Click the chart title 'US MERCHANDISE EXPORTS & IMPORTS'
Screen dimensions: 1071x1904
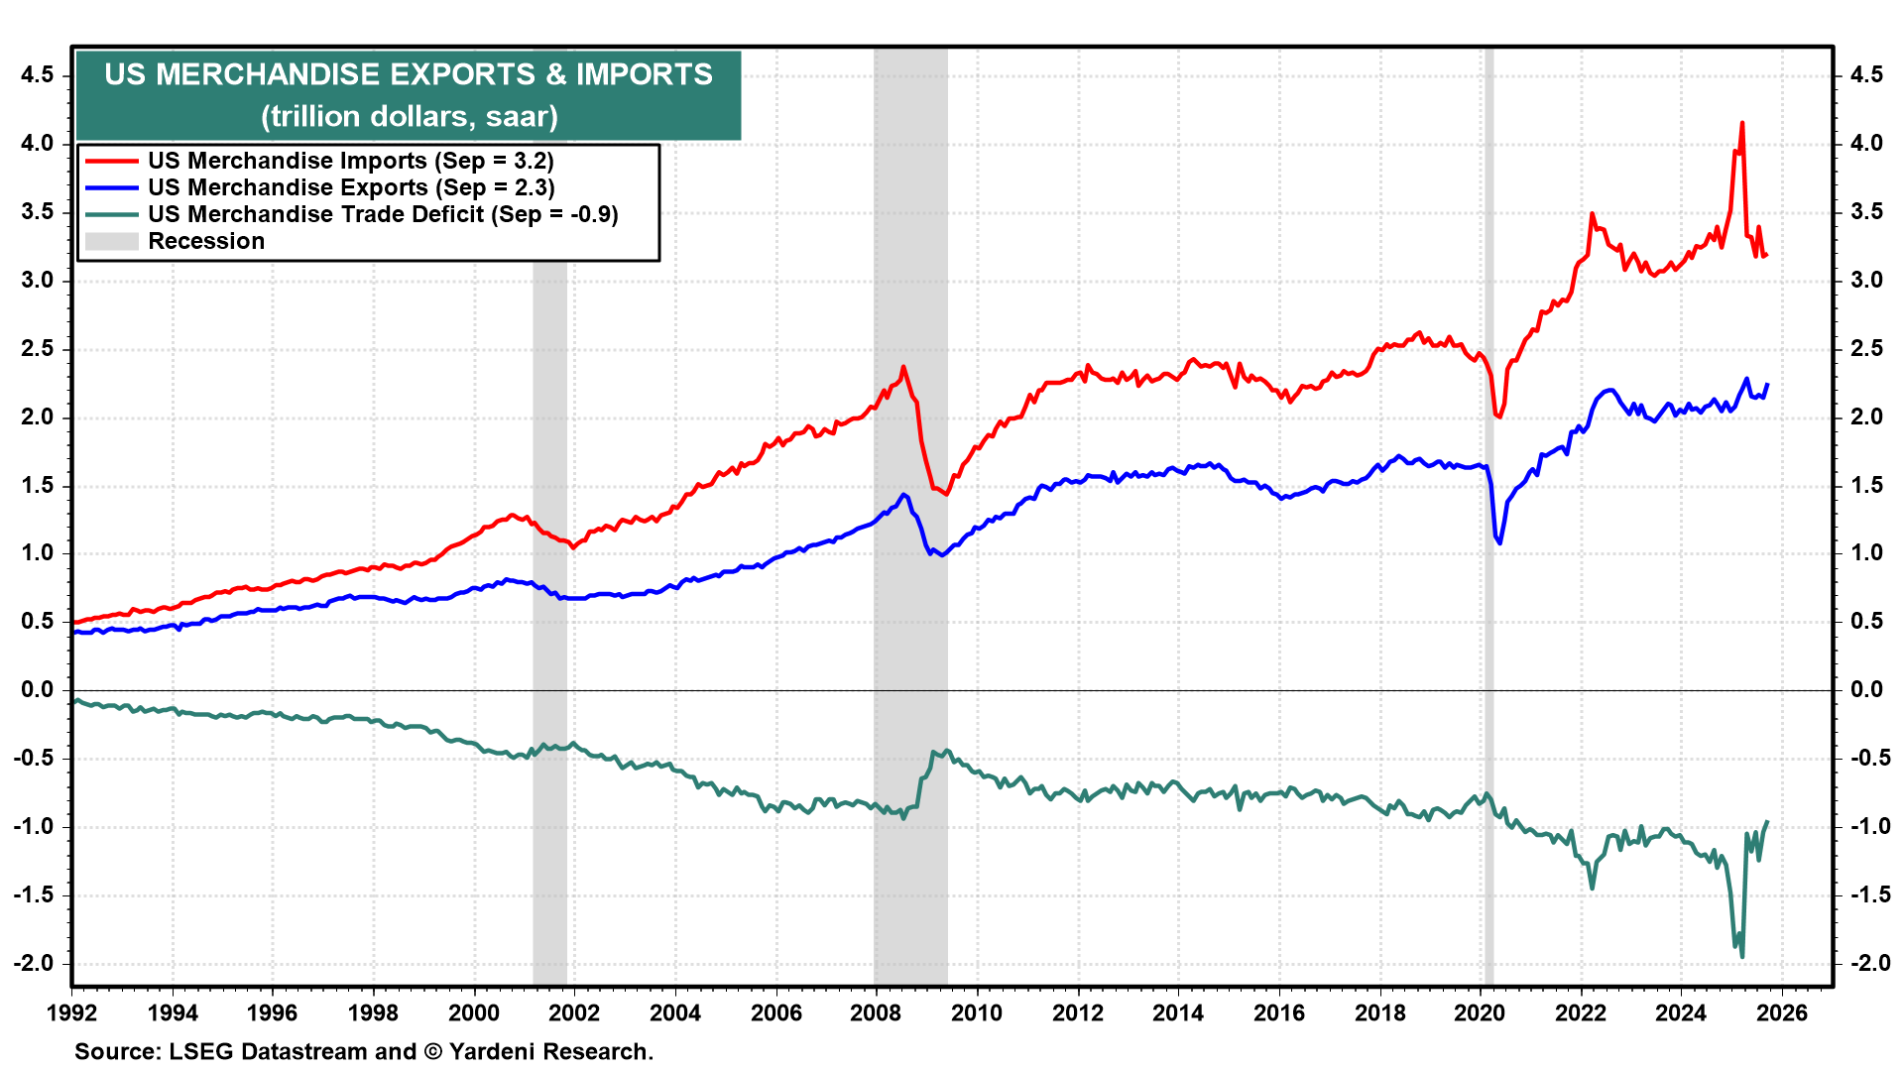coord(409,74)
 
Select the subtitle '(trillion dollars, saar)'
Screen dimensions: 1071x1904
coord(410,117)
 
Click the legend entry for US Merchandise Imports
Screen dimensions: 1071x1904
coord(350,161)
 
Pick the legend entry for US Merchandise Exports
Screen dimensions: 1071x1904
coord(350,187)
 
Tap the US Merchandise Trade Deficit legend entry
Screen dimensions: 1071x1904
coord(382,214)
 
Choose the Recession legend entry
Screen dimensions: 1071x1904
coord(205,241)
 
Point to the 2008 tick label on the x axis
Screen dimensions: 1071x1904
coord(876,1012)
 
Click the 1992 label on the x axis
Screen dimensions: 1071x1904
coord(71,1012)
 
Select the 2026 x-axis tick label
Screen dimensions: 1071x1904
coord(1782,1012)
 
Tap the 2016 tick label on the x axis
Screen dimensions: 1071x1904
coord(1278,1012)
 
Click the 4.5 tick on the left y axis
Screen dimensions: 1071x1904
coord(37,75)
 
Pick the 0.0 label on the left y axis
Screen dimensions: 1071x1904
coord(37,690)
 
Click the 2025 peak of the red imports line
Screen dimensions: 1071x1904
coord(1742,123)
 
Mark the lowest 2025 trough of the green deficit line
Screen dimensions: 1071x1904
coord(1742,957)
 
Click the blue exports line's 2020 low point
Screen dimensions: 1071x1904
coord(1499,543)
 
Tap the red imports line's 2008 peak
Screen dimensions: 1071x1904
coord(902,367)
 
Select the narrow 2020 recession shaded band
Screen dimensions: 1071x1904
coord(1488,496)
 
